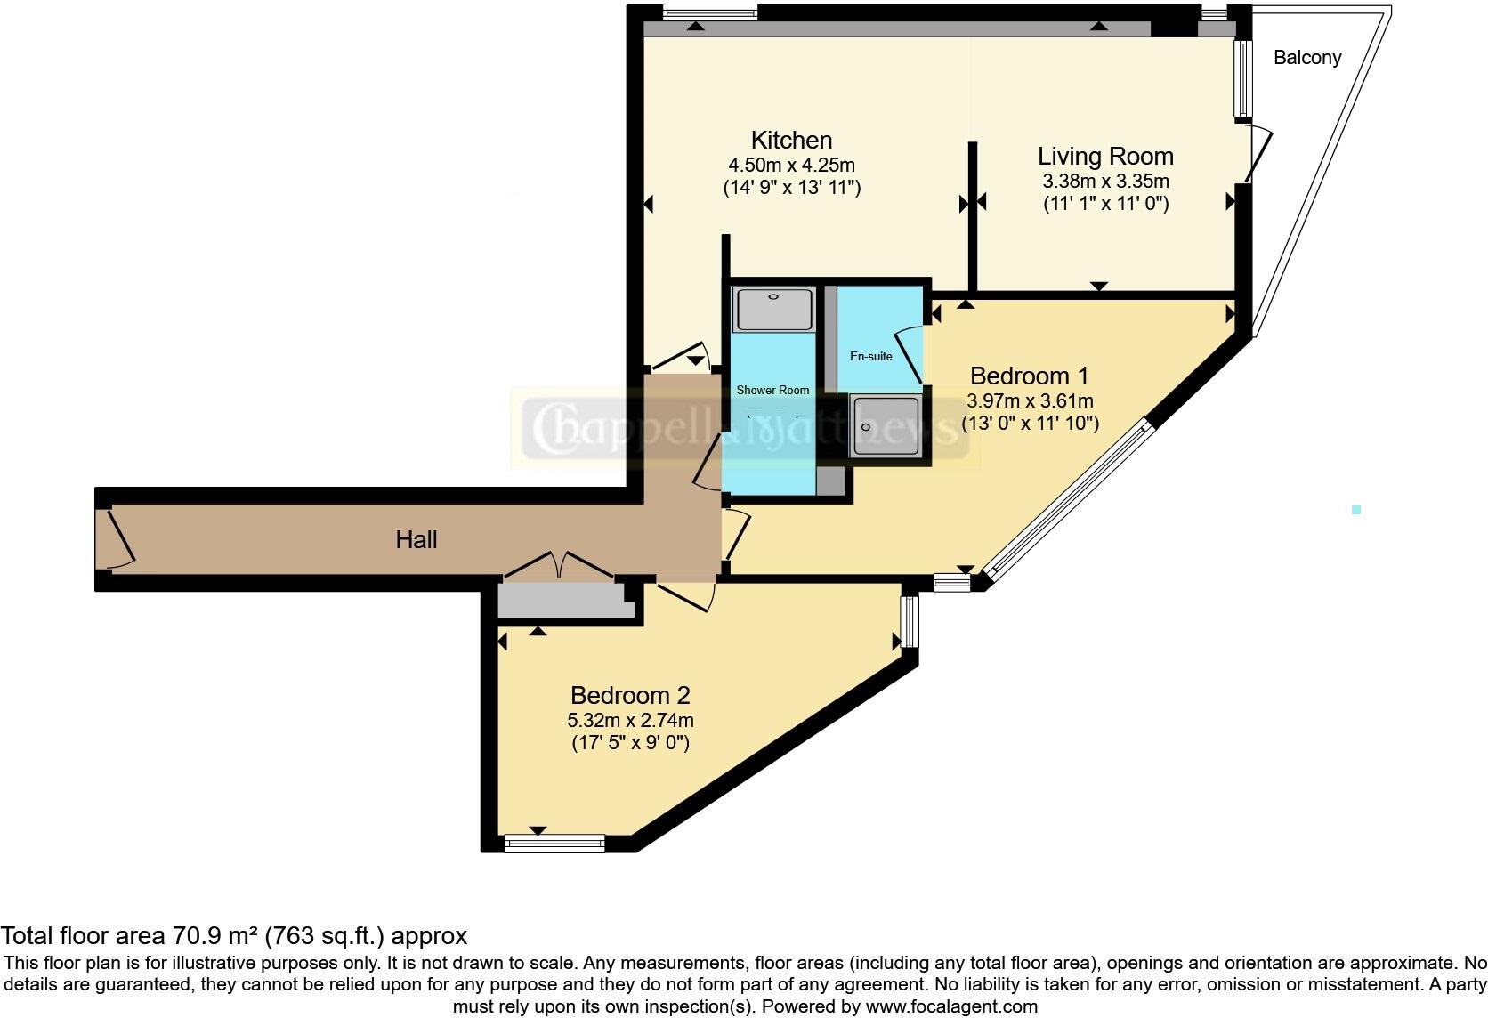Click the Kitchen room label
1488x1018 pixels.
[x=791, y=141]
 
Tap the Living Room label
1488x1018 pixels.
[x=1105, y=157]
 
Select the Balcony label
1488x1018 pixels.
[x=1306, y=58]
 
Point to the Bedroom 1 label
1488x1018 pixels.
[x=1029, y=376]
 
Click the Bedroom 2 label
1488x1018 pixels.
[x=630, y=695]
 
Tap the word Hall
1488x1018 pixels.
[x=416, y=540]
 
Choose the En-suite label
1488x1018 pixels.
[x=870, y=357]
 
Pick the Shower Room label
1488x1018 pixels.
[x=772, y=390]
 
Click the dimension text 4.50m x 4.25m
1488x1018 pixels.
[x=791, y=166]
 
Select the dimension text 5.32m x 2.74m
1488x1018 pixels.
[x=630, y=720]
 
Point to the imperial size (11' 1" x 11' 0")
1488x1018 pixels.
[x=1105, y=204]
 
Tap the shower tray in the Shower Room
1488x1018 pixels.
[x=772, y=308]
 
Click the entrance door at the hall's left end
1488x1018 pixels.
[x=117, y=538]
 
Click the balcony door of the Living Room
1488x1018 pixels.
[x=1258, y=154]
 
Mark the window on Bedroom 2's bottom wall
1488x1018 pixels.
[x=554, y=842]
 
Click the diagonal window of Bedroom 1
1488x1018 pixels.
[x=1068, y=504]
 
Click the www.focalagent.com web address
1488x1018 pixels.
[x=951, y=1007]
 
